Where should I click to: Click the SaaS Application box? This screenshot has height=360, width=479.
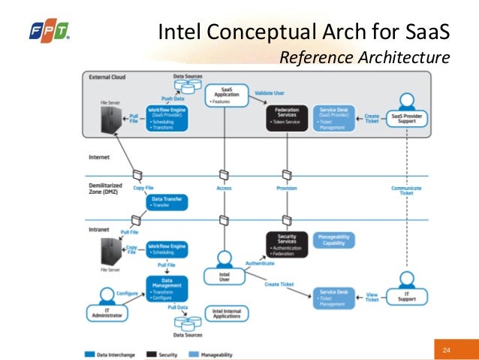tap(227, 95)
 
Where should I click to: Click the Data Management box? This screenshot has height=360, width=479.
tap(167, 289)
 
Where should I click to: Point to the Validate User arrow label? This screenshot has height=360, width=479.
tap(269, 92)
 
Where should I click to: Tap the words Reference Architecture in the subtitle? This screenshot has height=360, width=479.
tap(364, 56)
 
